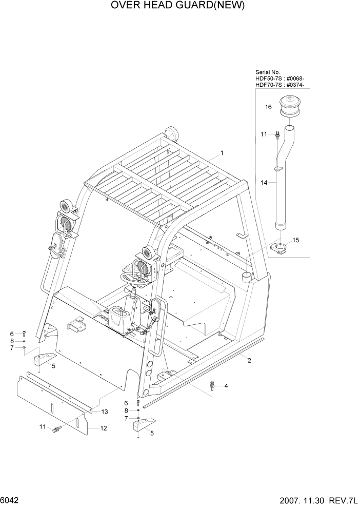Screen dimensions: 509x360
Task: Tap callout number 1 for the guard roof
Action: point(222,153)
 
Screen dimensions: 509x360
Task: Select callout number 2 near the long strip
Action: point(249,360)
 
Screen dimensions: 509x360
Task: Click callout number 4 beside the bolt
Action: point(226,386)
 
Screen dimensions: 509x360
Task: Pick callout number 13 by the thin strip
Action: point(105,412)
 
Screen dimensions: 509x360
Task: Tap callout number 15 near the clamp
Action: point(295,240)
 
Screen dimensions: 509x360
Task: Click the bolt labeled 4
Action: point(212,386)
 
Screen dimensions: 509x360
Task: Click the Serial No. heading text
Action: point(268,72)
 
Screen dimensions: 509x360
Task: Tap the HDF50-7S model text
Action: point(269,79)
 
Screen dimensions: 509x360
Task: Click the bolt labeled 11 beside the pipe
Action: point(277,135)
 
